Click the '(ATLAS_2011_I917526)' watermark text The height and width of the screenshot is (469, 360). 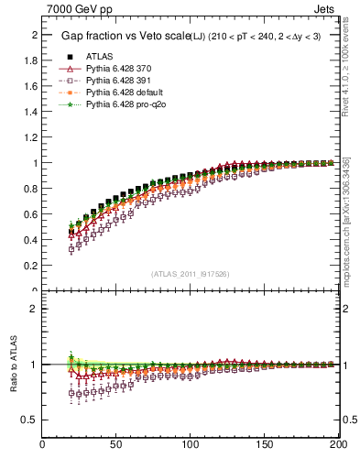click(191, 273)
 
